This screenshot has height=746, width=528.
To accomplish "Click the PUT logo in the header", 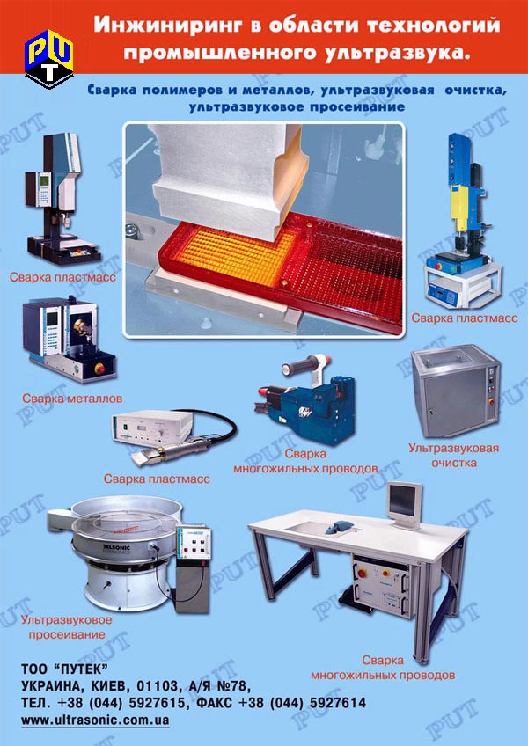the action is [x=49, y=59].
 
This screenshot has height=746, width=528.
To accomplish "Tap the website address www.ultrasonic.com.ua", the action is [x=95, y=720].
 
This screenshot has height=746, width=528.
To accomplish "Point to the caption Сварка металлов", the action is [x=72, y=399].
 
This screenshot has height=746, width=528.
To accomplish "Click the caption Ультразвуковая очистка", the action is [x=454, y=455].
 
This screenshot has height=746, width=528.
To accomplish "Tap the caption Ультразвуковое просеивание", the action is [x=66, y=627].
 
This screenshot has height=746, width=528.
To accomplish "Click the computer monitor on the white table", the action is [x=404, y=504].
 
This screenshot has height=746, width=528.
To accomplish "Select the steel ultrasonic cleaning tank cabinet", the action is [x=455, y=390].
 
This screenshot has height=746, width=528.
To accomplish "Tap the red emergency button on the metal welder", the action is [x=100, y=369].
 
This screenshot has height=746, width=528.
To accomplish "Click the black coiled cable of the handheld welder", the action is [x=213, y=425].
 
